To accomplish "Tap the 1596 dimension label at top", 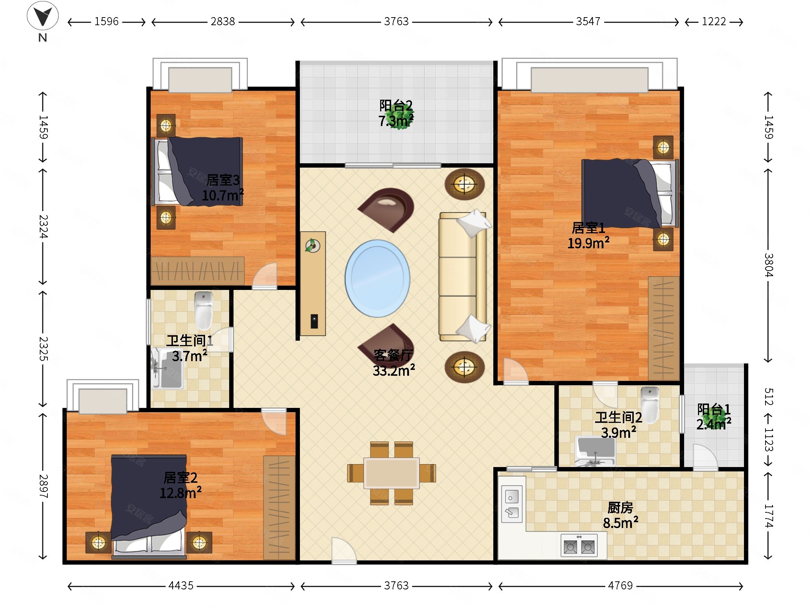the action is pos(107,22).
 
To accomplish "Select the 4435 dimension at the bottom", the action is pos(181,585).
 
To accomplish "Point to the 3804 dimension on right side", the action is pos(768,265).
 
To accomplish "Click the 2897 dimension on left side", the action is pos(43,486).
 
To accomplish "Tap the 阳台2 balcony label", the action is pos(396,106).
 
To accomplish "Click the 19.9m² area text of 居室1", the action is pos(588,243).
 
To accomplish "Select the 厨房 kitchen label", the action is pos(620,508).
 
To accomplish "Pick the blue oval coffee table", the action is pos(377,279).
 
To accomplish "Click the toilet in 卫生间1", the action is pos(203,311).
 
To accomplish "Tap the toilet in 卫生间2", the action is pos(650,405).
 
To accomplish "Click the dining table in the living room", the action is pos(391,473).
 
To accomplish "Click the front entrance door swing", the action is pos(344,550).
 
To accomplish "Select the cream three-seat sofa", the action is pos(463,277).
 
